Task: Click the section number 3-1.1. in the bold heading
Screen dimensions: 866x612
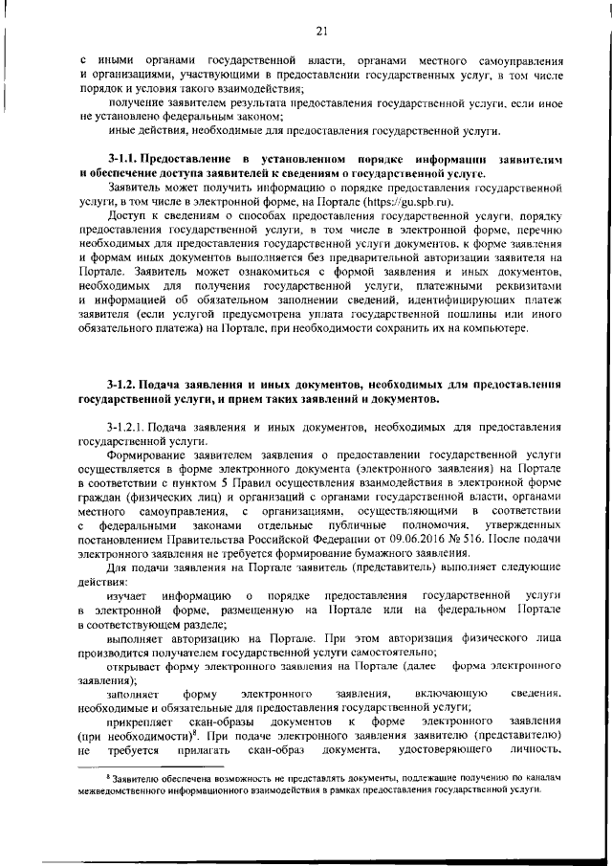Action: coord(125,157)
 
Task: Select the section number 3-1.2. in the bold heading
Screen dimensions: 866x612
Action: coord(125,383)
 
